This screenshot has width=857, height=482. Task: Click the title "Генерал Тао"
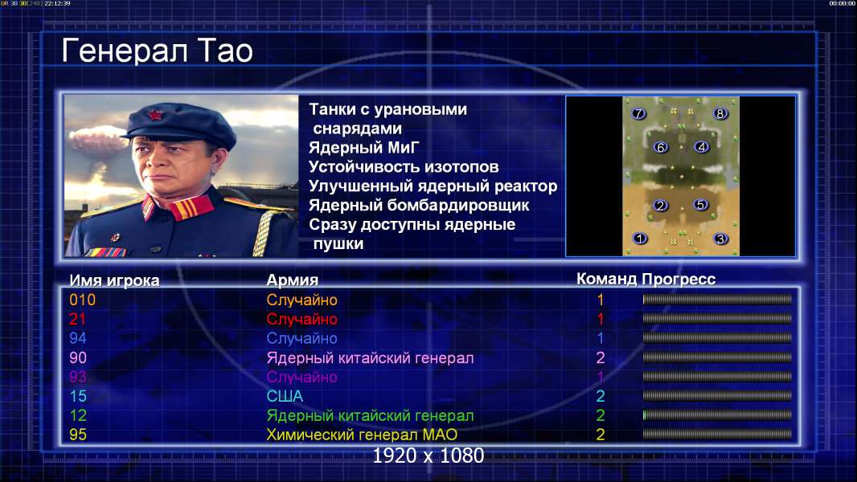(x=158, y=51)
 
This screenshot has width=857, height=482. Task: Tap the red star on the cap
(x=154, y=114)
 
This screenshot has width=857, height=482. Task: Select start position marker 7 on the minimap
(x=638, y=113)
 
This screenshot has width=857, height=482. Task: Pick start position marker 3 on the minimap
(x=720, y=239)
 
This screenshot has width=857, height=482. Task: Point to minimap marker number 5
(x=700, y=205)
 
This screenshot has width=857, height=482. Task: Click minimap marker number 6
(x=660, y=147)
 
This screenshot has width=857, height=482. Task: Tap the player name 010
(x=83, y=300)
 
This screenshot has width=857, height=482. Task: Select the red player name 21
(x=78, y=319)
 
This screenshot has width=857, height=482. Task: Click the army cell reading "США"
(x=285, y=396)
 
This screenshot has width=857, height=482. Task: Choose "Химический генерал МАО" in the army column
(x=362, y=435)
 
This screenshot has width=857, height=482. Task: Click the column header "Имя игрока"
(x=114, y=280)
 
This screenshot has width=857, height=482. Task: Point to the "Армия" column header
(x=293, y=280)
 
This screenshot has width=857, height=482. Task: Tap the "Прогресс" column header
(x=679, y=280)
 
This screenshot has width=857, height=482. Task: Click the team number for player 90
(x=600, y=357)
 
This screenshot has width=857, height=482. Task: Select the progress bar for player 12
(x=717, y=415)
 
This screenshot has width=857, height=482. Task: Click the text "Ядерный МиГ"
(x=364, y=148)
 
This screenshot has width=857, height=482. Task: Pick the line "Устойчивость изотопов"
(x=404, y=167)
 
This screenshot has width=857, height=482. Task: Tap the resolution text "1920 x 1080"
(x=428, y=455)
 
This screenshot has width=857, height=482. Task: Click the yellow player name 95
(x=78, y=435)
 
